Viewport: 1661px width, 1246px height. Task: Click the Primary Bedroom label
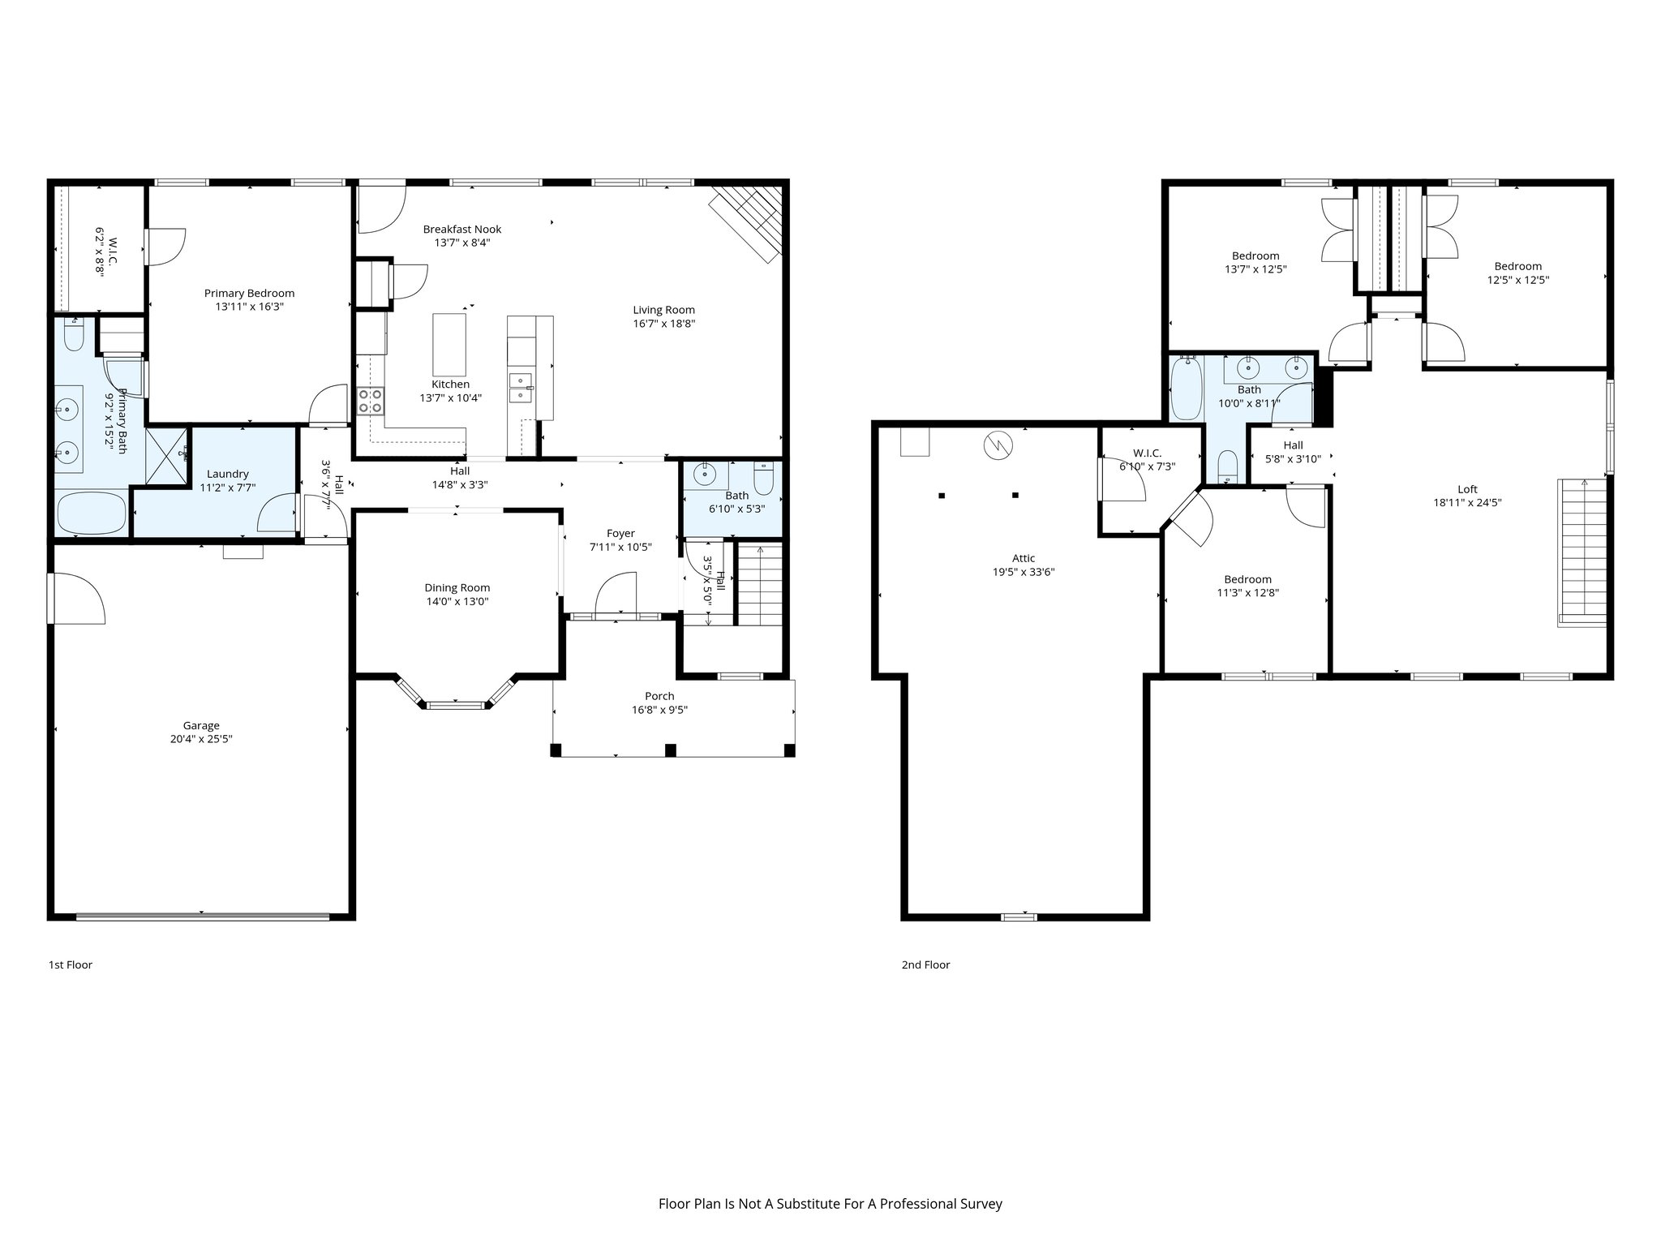coord(249,293)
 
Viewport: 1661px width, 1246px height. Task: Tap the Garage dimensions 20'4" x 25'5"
coord(201,739)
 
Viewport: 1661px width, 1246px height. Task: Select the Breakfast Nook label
coord(462,229)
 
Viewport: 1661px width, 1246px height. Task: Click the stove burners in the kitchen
coord(371,401)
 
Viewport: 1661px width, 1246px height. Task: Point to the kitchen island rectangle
coord(449,344)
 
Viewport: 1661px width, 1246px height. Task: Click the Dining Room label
coord(457,587)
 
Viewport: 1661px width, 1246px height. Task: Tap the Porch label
coord(659,695)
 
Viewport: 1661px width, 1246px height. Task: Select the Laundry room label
coord(228,474)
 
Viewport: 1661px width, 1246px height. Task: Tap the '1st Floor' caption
coord(71,965)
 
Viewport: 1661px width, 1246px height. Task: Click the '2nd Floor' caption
coord(925,965)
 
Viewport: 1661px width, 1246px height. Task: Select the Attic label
coord(1024,558)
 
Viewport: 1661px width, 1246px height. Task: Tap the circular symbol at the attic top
coord(998,445)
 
